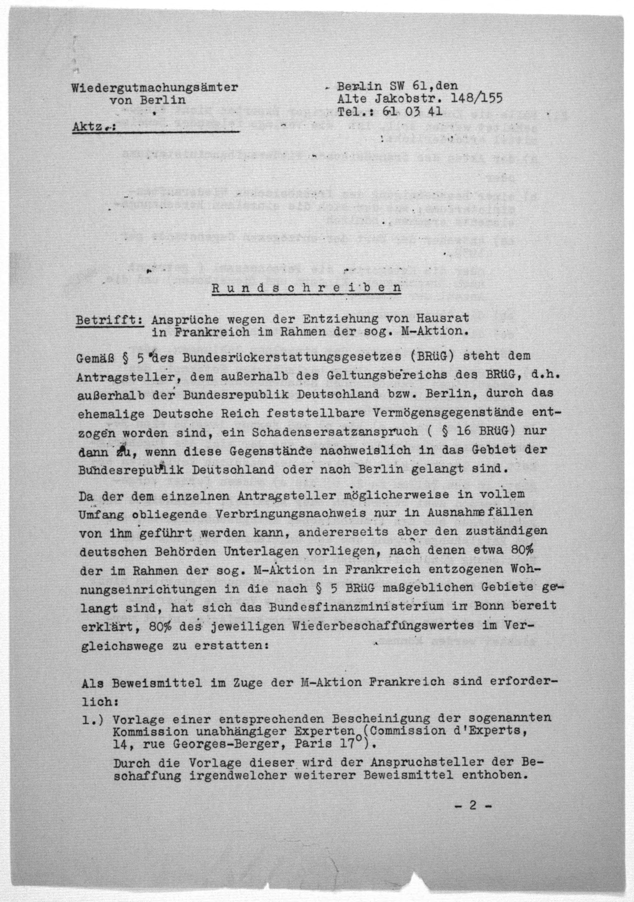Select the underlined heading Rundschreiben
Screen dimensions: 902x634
coord(306,288)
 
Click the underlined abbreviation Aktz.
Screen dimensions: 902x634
coord(89,127)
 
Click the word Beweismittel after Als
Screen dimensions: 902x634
coord(157,683)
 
